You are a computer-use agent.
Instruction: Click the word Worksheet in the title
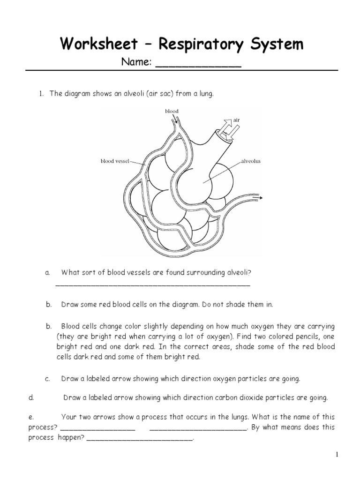click(x=98, y=45)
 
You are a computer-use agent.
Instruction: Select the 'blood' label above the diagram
click(x=172, y=111)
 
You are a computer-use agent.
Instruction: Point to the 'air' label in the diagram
click(x=237, y=120)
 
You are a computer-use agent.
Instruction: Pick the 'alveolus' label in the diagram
click(x=251, y=161)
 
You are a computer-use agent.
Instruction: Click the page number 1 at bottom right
click(x=337, y=454)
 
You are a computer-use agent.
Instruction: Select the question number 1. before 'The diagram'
click(x=41, y=94)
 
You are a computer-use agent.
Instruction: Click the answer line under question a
click(x=153, y=284)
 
